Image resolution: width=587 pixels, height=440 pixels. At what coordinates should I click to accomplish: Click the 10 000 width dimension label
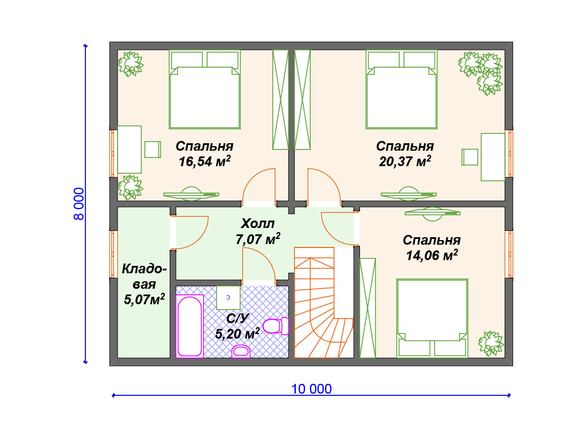311,389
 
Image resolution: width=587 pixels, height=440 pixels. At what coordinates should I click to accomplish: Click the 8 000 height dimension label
79,204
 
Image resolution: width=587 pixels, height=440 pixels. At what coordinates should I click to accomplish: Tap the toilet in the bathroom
276,326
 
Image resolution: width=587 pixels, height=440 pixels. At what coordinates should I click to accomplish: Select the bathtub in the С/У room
190,326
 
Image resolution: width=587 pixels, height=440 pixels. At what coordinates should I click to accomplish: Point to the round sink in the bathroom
241,351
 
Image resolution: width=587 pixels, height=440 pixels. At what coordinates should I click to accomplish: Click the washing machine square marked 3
228,297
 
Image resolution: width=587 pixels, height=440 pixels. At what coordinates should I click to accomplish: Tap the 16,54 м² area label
205,162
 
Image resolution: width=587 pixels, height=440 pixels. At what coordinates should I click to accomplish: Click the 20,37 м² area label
405,162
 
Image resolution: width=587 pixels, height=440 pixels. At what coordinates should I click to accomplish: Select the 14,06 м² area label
432,256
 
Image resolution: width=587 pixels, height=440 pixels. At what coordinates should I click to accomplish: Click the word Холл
257,223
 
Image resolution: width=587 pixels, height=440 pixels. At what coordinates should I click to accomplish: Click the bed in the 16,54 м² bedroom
205,90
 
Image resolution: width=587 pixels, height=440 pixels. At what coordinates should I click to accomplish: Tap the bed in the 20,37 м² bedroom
402,90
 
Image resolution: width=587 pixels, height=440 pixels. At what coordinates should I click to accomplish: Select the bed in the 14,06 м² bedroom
432,318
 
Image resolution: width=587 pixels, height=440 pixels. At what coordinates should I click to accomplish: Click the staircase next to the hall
324,302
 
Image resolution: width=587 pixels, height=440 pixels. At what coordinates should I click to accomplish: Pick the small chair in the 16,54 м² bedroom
152,150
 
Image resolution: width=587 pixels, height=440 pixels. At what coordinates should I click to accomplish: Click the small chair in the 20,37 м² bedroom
470,157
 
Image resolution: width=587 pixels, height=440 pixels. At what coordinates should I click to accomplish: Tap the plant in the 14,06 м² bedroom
491,343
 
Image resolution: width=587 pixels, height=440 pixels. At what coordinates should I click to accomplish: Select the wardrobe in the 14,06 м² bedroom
367,308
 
